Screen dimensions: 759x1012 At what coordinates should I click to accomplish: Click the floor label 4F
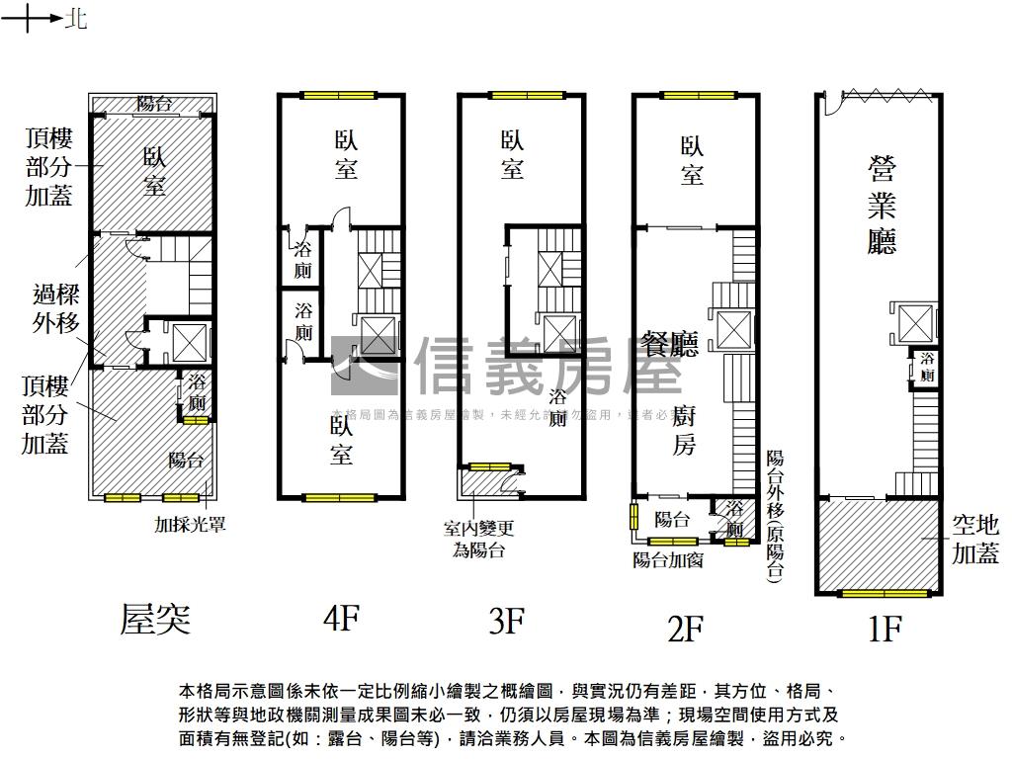coord(340,620)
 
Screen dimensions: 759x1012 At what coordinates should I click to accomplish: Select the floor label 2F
coord(684,628)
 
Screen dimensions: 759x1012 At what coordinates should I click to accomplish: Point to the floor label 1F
coord(885,628)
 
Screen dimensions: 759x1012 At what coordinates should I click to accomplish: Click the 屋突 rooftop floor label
coord(154,620)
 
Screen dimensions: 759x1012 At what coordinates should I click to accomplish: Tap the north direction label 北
coord(76,19)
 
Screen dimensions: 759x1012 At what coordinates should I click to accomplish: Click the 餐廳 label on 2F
coord(670,343)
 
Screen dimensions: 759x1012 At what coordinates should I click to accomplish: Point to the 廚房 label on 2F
coord(684,430)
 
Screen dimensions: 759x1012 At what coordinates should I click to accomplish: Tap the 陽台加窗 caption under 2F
coord(668,560)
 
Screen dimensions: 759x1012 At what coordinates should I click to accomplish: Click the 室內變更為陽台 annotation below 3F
coord(478,539)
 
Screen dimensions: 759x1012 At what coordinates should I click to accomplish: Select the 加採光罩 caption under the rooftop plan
coord(190,525)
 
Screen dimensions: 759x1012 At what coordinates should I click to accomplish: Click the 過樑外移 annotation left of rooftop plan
coord(55,308)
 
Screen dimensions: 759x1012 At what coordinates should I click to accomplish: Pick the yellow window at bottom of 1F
coord(884,593)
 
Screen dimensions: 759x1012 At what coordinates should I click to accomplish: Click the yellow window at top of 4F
coord(339,96)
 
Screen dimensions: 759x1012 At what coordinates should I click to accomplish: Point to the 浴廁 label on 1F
coord(927,367)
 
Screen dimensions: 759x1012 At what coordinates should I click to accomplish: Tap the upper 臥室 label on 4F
coord(345,156)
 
